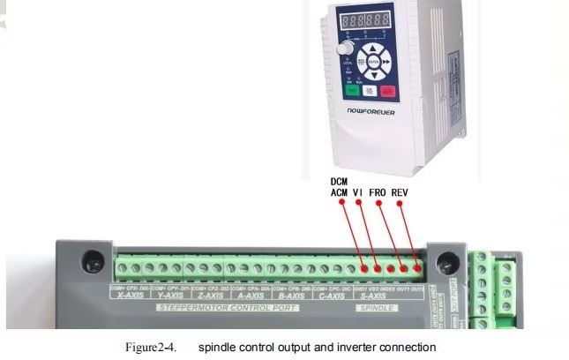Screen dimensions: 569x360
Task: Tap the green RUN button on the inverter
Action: pos(352,90)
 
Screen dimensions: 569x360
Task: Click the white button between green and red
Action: pos(370,90)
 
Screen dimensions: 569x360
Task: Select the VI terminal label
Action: pos(358,191)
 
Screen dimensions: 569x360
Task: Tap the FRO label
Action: pos(377,191)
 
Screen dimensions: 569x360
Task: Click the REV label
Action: pos(399,191)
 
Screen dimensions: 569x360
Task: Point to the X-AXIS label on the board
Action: pos(130,296)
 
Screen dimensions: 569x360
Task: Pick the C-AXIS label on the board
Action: pos(332,296)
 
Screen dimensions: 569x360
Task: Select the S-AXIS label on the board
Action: pos(374,296)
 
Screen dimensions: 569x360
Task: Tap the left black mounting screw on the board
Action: pos(91,261)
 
